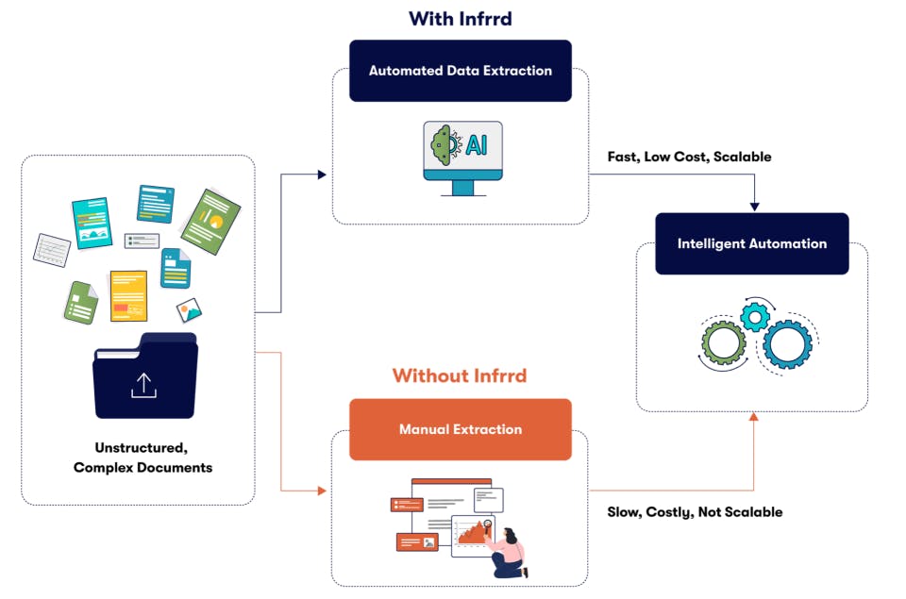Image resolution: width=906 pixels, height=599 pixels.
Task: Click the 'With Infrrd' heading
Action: tap(460, 19)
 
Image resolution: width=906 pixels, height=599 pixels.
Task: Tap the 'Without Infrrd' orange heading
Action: tap(460, 375)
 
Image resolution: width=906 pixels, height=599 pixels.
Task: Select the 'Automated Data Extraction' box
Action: tap(460, 71)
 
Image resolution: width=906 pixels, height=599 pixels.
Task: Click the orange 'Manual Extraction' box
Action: tap(460, 429)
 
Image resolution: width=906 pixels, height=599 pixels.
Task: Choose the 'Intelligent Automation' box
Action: tap(751, 243)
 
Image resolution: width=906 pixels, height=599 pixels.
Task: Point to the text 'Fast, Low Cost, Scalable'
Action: tap(689, 157)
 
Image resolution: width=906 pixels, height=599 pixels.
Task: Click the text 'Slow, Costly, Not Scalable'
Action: tap(695, 512)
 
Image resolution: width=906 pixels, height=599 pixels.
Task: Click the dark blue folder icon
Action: tap(144, 377)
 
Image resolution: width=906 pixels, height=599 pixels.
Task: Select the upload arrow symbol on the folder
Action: tap(143, 384)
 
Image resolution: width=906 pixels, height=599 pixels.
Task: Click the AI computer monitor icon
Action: tap(462, 156)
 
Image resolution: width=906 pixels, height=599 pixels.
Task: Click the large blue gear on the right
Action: tap(787, 343)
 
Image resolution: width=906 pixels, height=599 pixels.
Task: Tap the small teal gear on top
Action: tap(755, 317)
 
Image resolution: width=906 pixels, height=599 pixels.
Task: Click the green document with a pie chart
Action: tap(210, 221)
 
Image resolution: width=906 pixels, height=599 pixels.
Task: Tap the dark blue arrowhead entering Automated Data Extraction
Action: tap(322, 175)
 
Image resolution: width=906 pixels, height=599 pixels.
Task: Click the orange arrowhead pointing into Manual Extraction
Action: tap(322, 491)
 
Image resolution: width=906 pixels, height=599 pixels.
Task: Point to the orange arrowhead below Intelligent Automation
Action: tap(752, 417)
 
